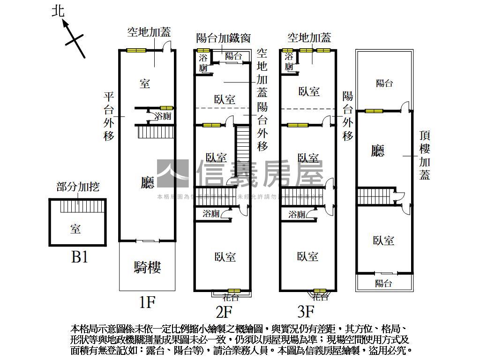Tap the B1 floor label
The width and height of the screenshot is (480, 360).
click(80, 257)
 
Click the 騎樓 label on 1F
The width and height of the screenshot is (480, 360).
click(147, 267)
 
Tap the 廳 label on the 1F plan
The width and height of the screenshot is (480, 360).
click(147, 183)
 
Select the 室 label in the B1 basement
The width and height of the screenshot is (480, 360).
click(75, 229)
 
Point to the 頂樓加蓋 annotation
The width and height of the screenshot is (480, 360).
click(425, 155)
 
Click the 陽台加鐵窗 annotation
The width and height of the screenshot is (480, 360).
click(224, 37)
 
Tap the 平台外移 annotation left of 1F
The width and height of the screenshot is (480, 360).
click(109, 116)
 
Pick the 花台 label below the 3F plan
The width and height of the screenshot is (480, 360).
click(320, 297)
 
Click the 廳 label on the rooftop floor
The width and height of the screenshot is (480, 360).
click(377, 151)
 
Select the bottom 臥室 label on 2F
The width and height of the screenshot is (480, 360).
click(225, 257)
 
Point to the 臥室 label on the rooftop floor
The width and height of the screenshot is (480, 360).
click(383, 240)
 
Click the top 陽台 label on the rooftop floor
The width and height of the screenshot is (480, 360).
click(384, 83)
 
